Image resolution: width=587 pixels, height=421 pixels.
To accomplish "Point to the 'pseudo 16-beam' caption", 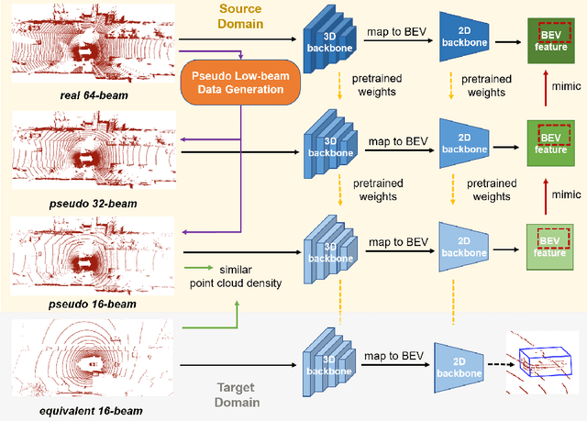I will (x=90, y=305).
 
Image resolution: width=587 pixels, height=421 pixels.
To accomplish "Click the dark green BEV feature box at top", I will (x=551, y=40).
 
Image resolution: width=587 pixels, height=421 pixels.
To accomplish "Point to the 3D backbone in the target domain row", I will (x=327, y=362).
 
